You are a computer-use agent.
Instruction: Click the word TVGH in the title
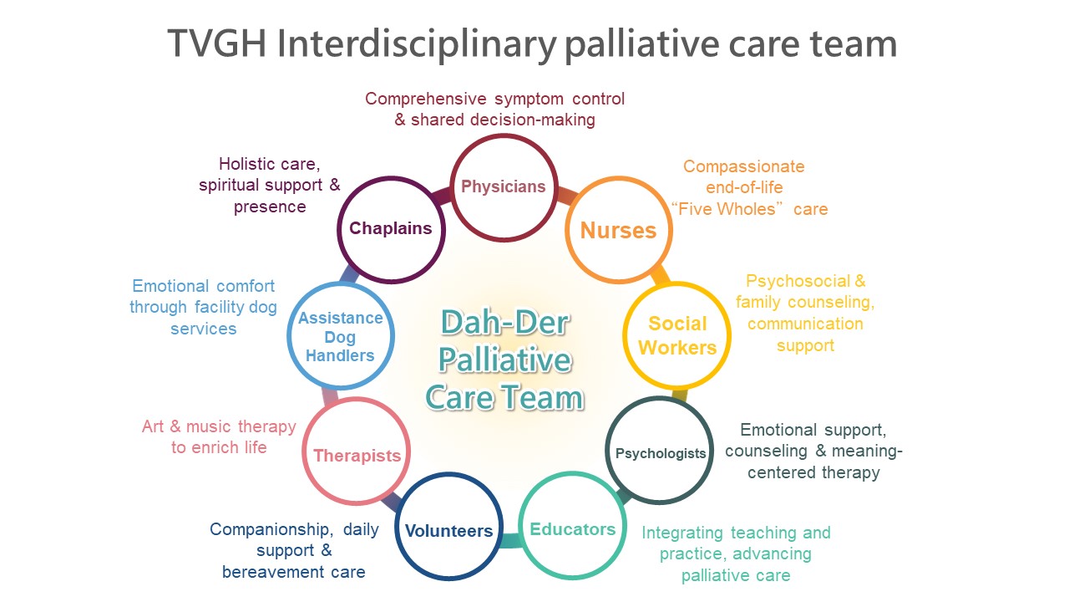pyautogui.click(x=216, y=43)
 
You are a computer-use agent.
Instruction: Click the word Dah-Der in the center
pyautogui.click(x=504, y=323)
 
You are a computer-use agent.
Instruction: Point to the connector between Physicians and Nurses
pyautogui.click(x=567, y=196)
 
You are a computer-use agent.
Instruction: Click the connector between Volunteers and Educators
pyautogui.click(x=510, y=540)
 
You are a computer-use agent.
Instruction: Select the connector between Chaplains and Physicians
pyautogui.click(x=442, y=196)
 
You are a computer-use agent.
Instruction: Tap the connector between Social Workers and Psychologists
pyautogui.click(x=680, y=395)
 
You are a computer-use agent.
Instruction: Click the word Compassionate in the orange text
pyautogui.click(x=743, y=166)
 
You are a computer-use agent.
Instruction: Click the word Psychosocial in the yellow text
pyautogui.click(x=798, y=281)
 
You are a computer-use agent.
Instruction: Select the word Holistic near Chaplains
pyautogui.click(x=246, y=164)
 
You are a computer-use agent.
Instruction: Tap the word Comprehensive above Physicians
pyautogui.click(x=426, y=99)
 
